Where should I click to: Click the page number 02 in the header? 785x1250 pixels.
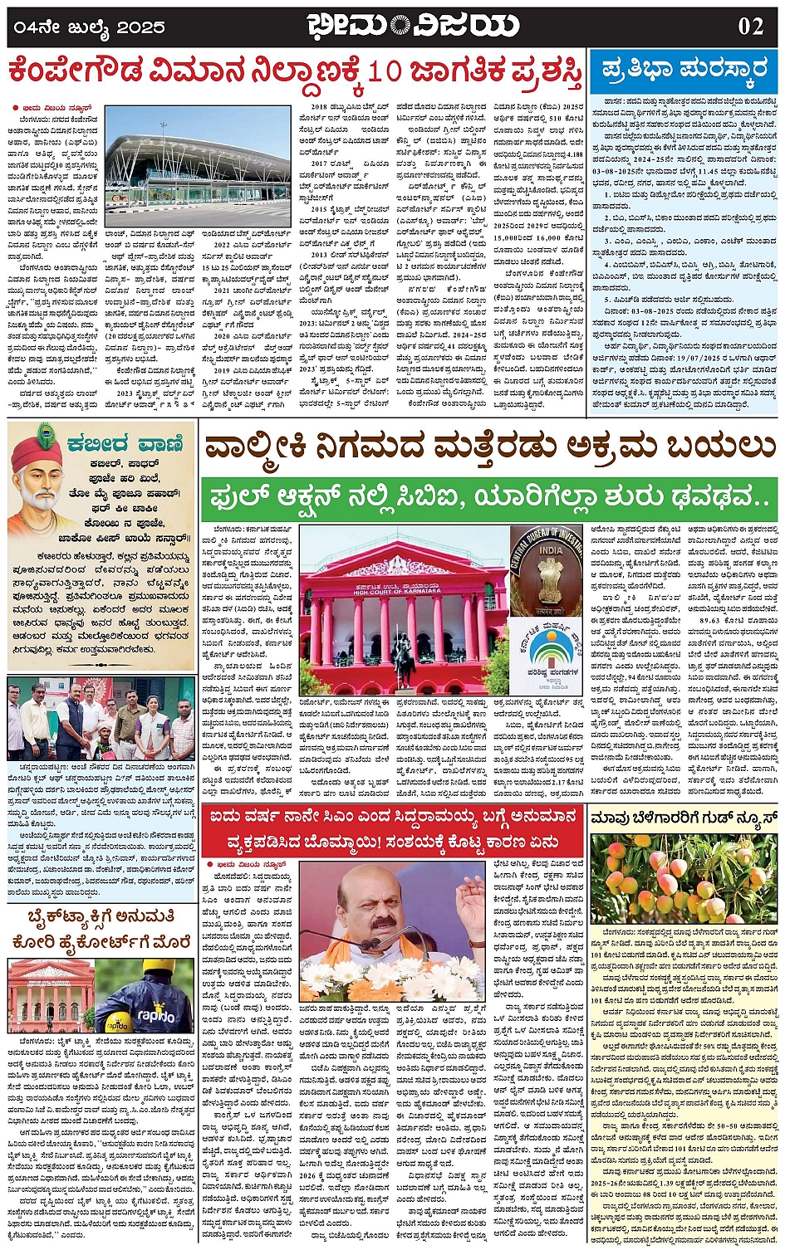click(x=750, y=26)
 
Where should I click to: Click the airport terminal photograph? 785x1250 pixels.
click(x=198, y=166)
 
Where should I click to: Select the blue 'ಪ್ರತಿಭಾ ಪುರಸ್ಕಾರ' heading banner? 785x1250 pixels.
click(x=684, y=71)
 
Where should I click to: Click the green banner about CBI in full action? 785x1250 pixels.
click(x=488, y=498)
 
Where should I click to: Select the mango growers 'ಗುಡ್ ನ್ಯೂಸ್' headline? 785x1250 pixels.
click(x=684, y=818)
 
